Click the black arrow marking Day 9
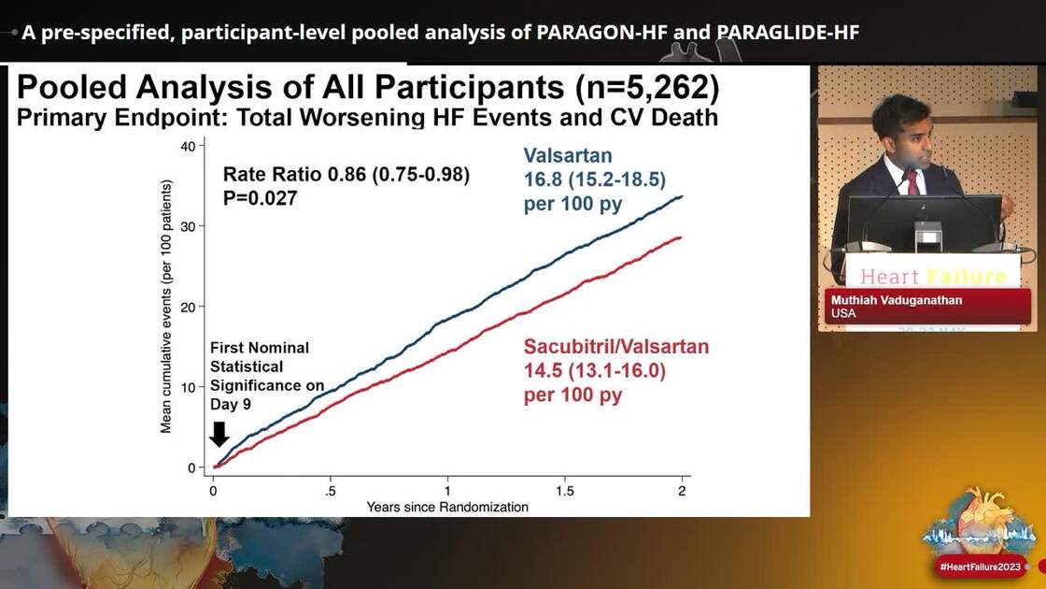(219, 434)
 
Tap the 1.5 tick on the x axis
(564, 491)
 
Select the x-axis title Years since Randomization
(447, 508)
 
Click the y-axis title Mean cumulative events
(166, 306)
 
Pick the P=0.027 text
(260, 197)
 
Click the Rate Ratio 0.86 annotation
(346, 175)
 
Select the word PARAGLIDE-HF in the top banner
(788, 33)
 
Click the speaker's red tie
(912, 181)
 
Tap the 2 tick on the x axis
(682, 491)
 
